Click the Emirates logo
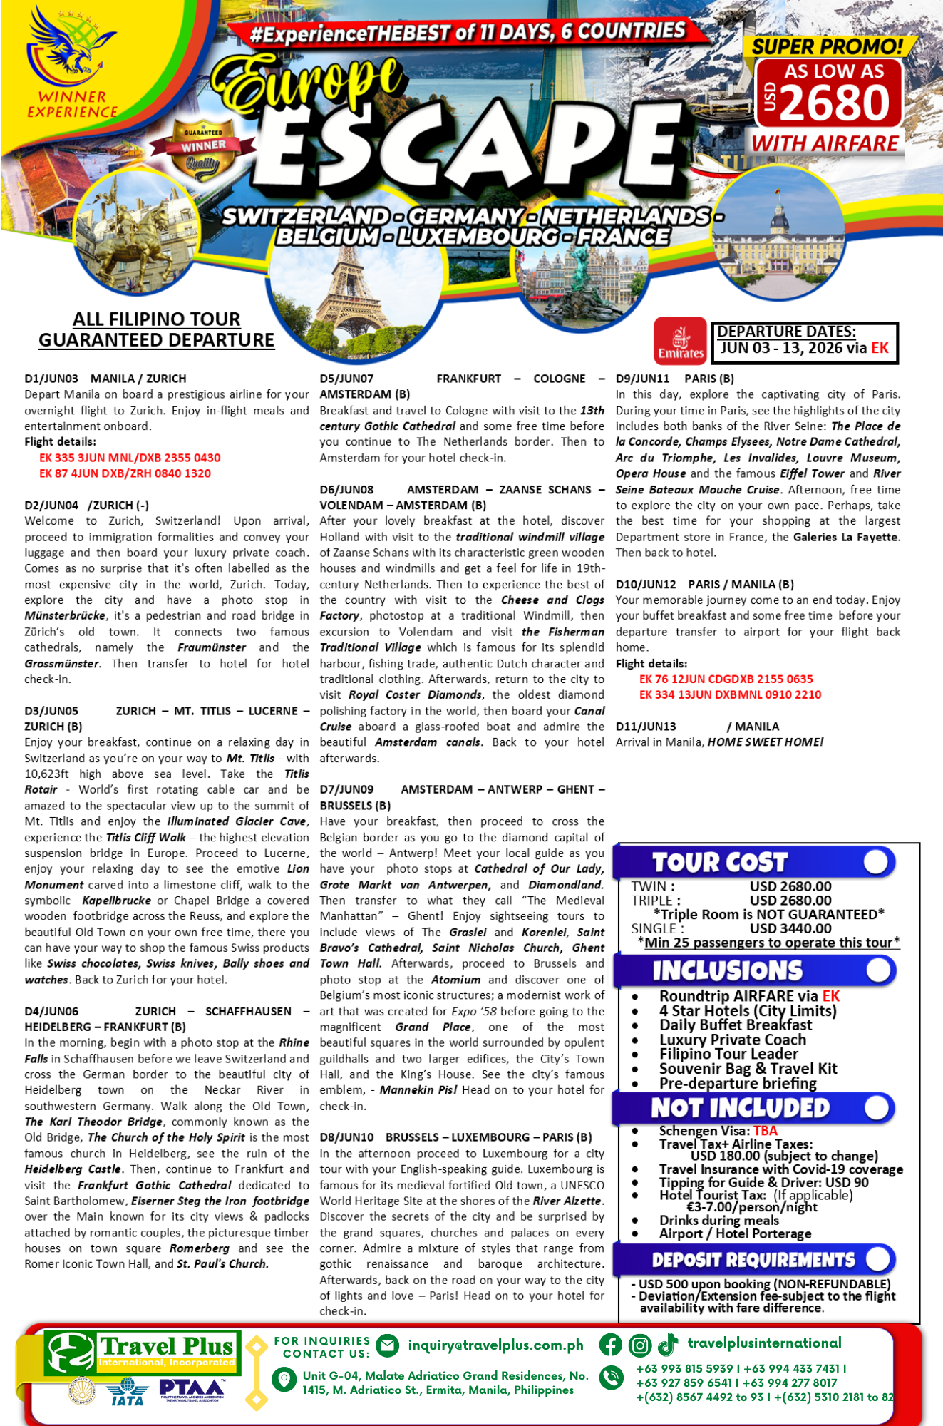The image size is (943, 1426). tap(681, 341)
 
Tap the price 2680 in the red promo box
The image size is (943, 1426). tap(835, 103)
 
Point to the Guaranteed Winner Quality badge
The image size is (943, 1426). tap(203, 150)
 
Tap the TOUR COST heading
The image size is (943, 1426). tap(720, 863)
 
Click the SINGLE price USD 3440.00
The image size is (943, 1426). tap(790, 928)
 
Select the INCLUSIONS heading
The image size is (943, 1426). tap(727, 970)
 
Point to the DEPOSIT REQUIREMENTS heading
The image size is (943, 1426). tap(753, 1260)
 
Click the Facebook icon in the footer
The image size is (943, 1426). tap(610, 1345)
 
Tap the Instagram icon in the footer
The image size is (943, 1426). tap(639, 1345)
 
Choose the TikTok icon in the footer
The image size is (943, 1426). tap(668, 1345)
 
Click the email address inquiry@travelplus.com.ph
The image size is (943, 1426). tap(495, 1345)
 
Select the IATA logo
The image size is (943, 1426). tap(128, 1391)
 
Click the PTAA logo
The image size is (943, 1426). tap(192, 1389)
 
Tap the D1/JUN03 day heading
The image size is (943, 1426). tap(51, 379)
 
